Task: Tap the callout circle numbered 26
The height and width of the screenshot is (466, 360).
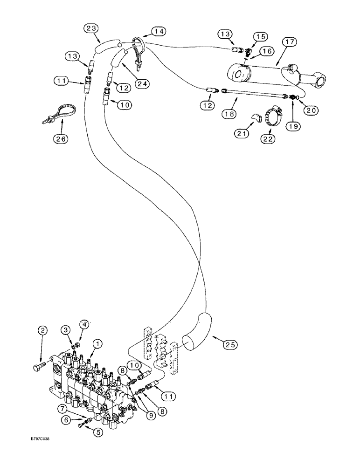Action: pyautogui.click(x=62, y=138)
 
